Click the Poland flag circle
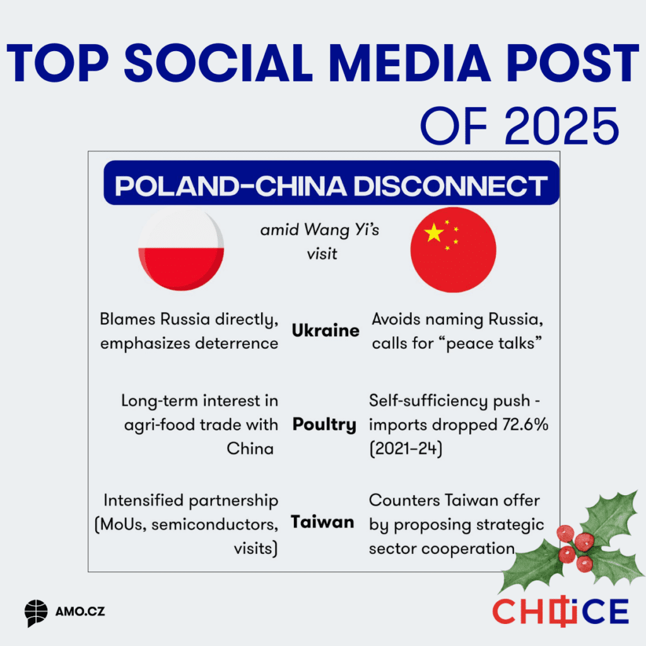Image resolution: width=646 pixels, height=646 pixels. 180,248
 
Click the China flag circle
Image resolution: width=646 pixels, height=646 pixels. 453,248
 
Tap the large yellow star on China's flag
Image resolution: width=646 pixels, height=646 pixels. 434,233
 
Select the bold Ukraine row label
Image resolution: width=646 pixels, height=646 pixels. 326,331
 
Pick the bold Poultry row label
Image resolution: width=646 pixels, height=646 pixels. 324,425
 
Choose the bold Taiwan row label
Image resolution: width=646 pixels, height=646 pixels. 322,522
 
